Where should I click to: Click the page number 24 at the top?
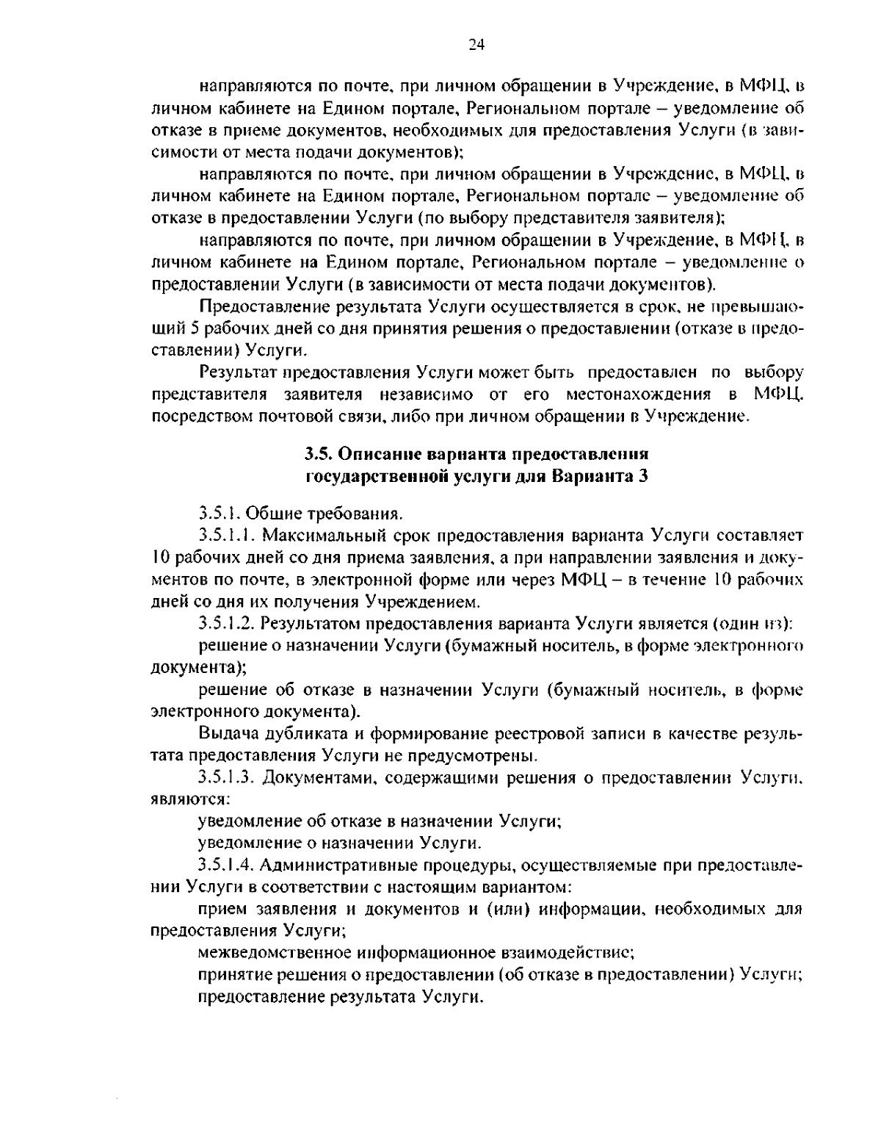tap(476, 44)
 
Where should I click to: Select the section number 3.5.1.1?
tap(227, 533)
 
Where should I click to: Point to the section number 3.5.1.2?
tap(227, 624)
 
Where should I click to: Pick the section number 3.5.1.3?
tap(227, 777)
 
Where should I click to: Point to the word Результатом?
tap(311, 624)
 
